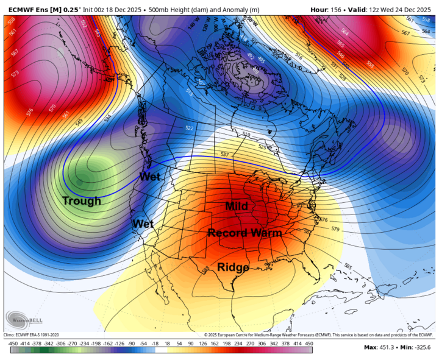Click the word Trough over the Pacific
coord(82,200)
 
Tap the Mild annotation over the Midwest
coord(237,206)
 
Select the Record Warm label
coord(244,233)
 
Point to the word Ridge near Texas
coord(233,266)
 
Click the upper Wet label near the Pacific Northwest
coord(150,177)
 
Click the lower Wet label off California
coord(143,224)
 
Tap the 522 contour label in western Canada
coord(189,128)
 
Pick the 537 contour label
coord(224,154)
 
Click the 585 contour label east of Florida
coord(348,266)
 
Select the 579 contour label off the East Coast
coord(335,229)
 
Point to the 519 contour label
coord(246,135)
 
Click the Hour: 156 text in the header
coord(329,10)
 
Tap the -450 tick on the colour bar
coord(13,344)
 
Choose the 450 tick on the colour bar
coord(309,344)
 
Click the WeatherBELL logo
coord(24,319)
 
